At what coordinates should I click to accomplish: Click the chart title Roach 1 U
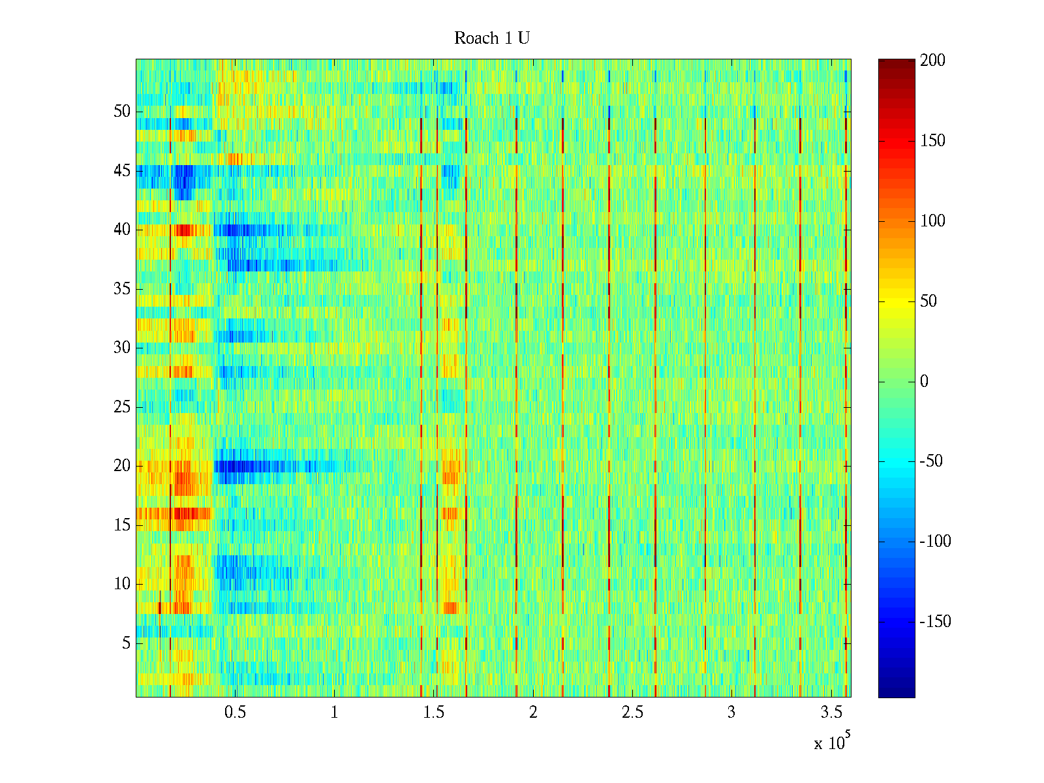pos(491,38)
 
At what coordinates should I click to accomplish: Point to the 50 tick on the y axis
pos(122,111)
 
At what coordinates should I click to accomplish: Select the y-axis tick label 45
pos(122,171)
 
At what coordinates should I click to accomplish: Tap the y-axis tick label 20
pos(122,466)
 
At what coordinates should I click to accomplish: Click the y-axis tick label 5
pos(126,643)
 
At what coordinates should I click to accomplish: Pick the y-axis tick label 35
pos(122,289)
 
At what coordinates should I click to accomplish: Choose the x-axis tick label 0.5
pos(235,713)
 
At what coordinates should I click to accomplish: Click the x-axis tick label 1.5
pos(433,713)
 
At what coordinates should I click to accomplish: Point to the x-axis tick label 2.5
pos(632,713)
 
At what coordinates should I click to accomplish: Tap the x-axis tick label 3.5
pos(831,713)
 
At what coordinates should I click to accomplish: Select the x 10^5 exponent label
pos(832,743)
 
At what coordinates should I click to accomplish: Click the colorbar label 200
pos(932,61)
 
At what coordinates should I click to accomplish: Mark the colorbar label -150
pos(935,622)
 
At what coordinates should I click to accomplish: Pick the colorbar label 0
pos(924,382)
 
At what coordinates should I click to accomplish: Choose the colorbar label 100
pos(932,221)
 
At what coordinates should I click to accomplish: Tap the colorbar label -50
pos(931,461)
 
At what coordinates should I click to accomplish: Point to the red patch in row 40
pos(183,230)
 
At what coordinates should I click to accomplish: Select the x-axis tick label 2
pos(533,713)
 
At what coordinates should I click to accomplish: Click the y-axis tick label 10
pos(122,584)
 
